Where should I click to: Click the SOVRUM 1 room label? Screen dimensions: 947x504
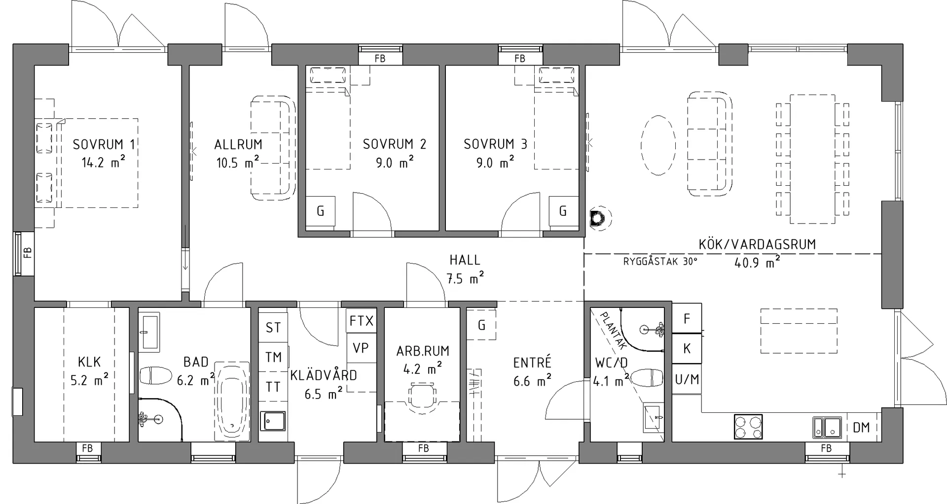104,144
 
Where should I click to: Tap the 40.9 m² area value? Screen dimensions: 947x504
757,262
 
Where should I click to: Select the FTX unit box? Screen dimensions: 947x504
362,321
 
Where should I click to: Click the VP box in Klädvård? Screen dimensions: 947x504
362,348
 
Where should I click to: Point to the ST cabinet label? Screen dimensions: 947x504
273,328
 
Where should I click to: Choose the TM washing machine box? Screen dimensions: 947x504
273,357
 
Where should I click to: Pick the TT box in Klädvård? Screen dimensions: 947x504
273,387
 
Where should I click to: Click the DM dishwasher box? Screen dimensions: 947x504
862,427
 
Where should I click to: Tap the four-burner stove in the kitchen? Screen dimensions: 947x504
748,427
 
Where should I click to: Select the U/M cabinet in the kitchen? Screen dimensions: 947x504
687,379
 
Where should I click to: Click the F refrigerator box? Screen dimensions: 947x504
687,319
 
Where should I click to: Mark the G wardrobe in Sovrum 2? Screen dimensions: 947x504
320,211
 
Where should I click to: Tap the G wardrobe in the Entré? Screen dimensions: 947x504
481,325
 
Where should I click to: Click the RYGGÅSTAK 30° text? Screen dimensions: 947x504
660,261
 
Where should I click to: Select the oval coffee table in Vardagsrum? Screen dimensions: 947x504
658,145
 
